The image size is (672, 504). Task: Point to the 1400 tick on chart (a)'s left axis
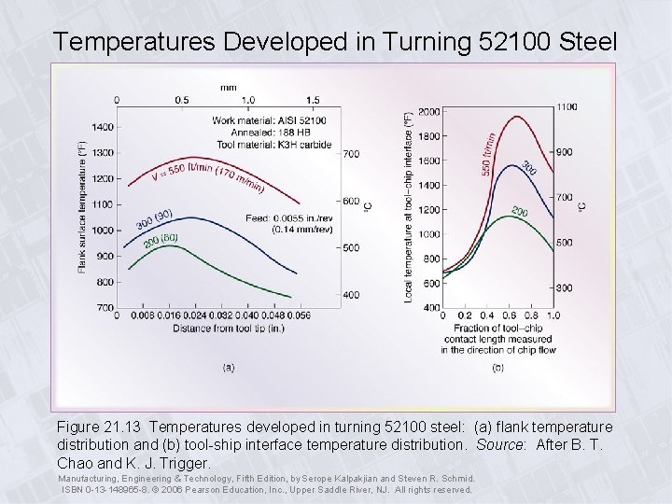[102, 127]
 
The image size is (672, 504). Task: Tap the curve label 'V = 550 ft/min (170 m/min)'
[207, 175]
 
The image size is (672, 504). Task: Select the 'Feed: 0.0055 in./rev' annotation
[303, 217]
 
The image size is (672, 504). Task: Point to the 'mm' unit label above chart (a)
[228, 87]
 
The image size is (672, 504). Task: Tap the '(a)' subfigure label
[228, 367]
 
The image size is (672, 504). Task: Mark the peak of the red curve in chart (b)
[517, 117]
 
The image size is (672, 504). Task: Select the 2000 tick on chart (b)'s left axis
[428, 112]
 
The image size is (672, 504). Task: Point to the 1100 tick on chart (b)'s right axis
[565, 106]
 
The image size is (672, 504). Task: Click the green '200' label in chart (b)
[519, 213]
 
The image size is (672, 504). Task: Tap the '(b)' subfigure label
[498, 367]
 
